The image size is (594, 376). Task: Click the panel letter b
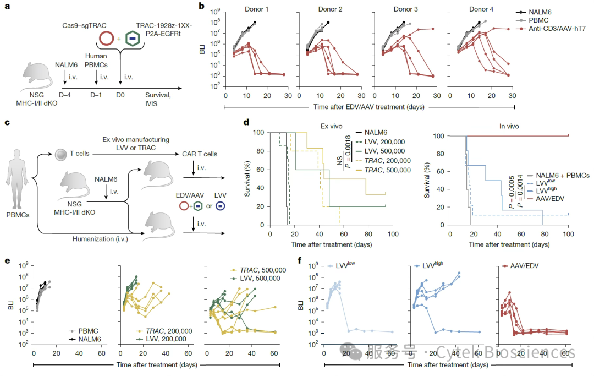pos(201,6)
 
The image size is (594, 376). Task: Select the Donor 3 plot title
pos(406,9)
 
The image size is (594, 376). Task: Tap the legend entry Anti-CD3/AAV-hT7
pos(557,29)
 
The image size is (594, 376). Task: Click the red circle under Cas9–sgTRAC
pos(107,39)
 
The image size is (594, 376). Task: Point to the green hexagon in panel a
pos(132,39)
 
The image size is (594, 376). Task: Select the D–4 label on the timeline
pos(64,95)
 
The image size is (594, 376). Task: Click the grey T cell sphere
pos(61,154)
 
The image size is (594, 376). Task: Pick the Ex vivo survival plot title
pos(331,126)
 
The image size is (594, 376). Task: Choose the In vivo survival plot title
pos(509,126)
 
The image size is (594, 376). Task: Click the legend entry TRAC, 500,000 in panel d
pos(388,170)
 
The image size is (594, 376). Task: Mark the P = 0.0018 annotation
pos(348,151)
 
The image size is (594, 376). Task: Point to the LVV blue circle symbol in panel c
pos(220,206)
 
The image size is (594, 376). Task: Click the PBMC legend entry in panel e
pos(88,331)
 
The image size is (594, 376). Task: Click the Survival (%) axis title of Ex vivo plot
pos(248,179)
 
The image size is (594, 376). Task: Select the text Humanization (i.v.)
pos(101,239)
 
